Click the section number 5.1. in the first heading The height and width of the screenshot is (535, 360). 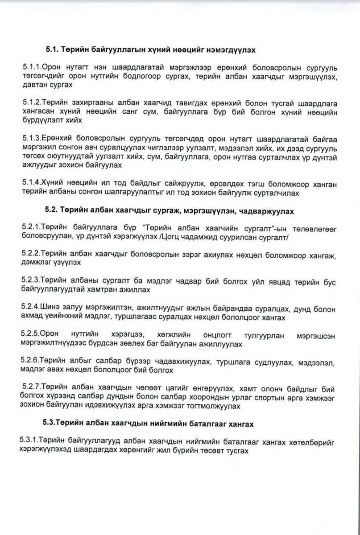pos(53,50)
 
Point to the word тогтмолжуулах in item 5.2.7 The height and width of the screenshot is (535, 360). pos(215,406)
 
